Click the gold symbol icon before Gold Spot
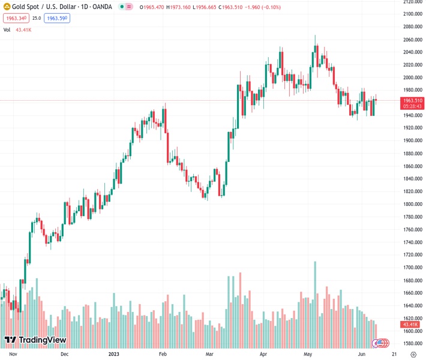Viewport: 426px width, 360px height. pyautogui.click(x=7, y=7)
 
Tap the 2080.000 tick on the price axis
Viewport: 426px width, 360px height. pyautogui.click(x=412, y=26)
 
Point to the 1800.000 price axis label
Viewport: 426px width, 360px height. pyautogui.click(x=412, y=204)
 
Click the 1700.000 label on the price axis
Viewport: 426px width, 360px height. pyautogui.click(x=412, y=268)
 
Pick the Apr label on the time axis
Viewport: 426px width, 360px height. pyautogui.click(x=263, y=354)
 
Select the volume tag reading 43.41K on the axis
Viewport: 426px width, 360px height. pyautogui.click(x=413, y=324)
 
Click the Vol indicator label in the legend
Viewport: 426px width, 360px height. pyautogui.click(x=7, y=29)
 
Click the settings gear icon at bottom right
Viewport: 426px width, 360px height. pyautogui.click(x=413, y=354)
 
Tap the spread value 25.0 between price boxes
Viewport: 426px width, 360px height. pyautogui.click(x=37, y=18)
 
